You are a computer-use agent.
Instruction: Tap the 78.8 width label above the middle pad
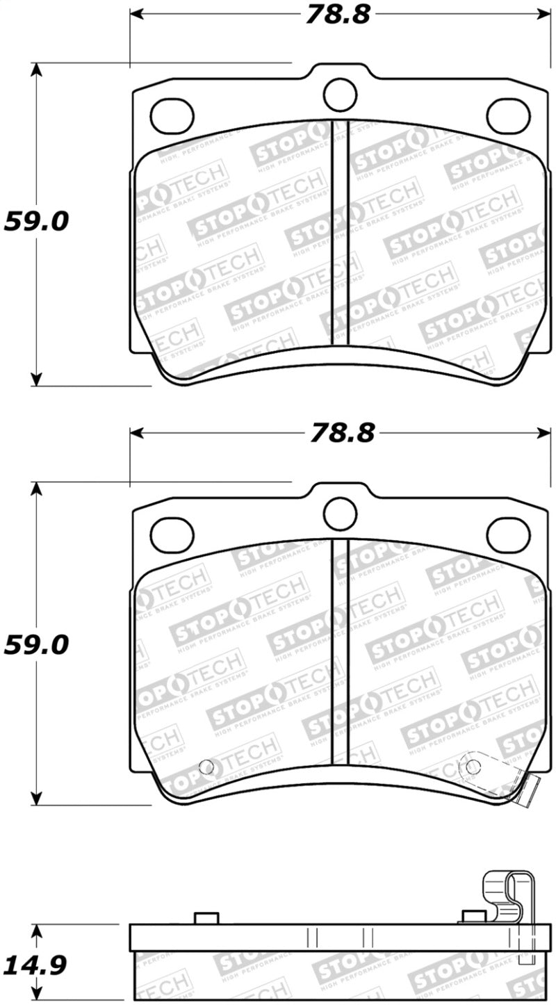[x=343, y=434]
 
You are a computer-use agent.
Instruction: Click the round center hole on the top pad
[x=340, y=93]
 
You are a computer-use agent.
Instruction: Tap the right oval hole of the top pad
[x=507, y=115]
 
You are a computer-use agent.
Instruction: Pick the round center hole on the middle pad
[x=340, y=513]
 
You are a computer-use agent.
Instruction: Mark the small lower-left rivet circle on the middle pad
[x=206, y=767]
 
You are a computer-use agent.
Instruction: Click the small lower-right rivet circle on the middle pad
[x=473, y=766]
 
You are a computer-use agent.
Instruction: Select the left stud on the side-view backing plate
[x=204, y=918]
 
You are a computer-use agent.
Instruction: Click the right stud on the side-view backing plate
[x=472, y=917]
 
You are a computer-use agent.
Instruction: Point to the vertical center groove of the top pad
[x=340, y=233]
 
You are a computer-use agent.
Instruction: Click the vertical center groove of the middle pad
[x=340, y=650]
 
